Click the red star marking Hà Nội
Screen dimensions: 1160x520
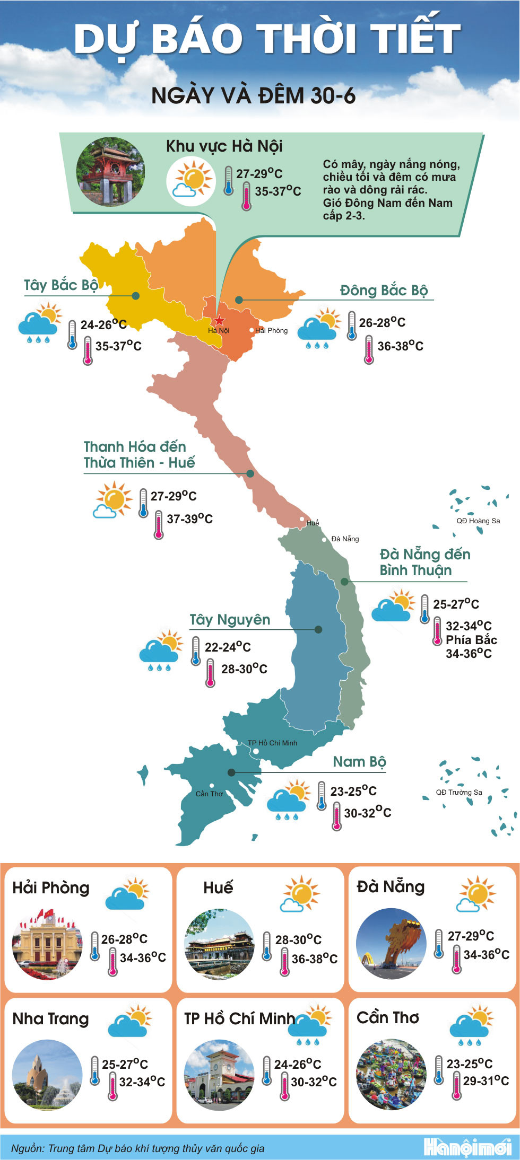219,320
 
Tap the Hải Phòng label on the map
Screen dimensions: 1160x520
271,330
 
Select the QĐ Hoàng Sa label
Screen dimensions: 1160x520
478,521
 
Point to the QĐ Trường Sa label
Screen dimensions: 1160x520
459,792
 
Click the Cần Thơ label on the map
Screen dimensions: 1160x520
209,794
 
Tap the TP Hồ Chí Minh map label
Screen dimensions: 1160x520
272,743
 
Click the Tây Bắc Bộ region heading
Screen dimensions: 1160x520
61,285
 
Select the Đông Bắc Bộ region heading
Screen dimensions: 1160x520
384,291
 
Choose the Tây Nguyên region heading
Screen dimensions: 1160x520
230,620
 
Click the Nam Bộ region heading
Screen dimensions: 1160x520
359,762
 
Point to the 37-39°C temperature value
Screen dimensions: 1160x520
189,519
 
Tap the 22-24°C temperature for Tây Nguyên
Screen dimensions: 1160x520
228,647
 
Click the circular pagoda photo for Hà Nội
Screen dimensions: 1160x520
110,172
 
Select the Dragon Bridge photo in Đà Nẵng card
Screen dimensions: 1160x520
391,943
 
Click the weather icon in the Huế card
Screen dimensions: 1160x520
301,893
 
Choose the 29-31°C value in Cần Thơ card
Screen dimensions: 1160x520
486,1080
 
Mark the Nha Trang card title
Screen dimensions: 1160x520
50,1018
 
